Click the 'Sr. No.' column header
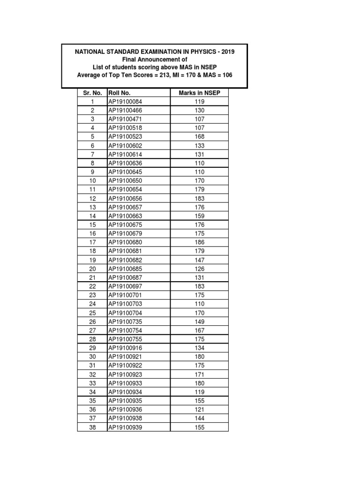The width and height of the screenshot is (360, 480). point(92,93)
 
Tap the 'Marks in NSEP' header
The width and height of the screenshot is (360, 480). point(199,93)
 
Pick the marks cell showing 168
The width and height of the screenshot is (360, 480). point(199,137)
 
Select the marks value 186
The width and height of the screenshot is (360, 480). point(199,242)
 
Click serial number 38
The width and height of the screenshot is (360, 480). point(92,427)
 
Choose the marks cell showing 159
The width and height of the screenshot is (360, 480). point(199,216)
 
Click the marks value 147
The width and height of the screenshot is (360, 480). point(199,260)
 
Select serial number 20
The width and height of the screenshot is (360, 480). point(92,269)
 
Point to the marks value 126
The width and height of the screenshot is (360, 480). point(199,269)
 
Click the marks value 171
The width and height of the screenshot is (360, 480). point(199,375)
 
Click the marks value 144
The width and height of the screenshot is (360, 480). point(199,418)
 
